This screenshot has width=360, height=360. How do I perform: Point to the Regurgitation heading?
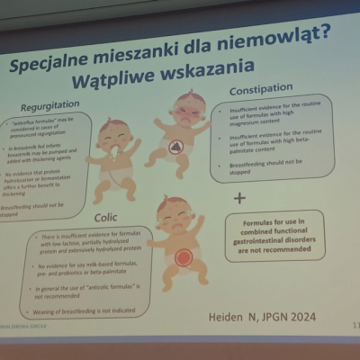[55, 105]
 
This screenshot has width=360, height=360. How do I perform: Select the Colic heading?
[105, 217]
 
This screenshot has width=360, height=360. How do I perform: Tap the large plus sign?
[240, 197]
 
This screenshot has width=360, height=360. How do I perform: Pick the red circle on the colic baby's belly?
[183, 258]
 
